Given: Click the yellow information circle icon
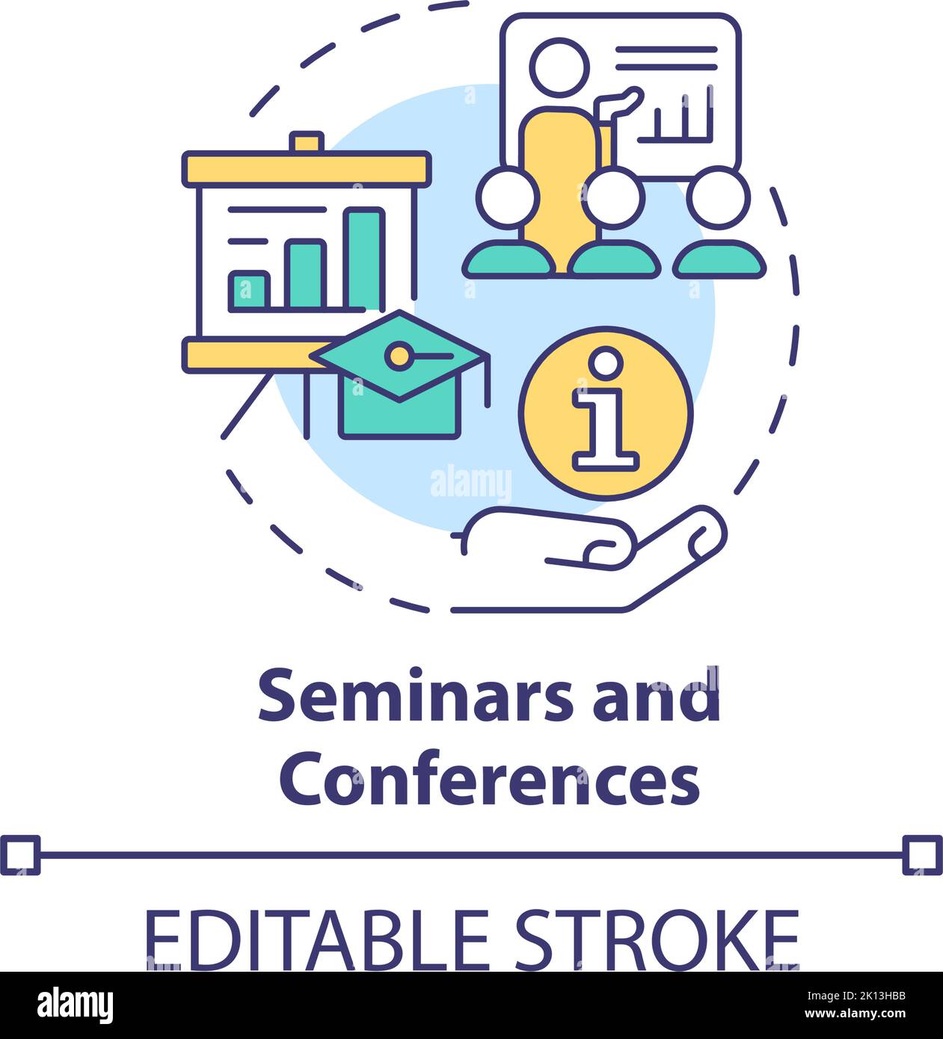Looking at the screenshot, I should point(606,412).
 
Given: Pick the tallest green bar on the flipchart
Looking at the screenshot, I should point(363,258).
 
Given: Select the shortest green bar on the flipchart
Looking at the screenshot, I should point(249,292).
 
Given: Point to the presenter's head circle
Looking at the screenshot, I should point(559,67).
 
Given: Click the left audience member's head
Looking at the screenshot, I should point(508,198).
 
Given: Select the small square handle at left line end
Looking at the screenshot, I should point(19,855).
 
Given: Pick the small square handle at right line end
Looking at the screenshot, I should point(922,855).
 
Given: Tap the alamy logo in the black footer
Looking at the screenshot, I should point(75,1005).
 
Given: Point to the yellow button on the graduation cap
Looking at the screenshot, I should point(402,355).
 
